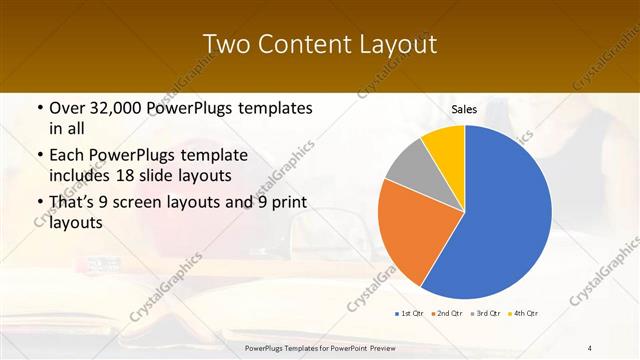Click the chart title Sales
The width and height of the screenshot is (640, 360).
click(x=464, y=109)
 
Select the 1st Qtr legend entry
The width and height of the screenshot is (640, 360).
click(x=409, y=313)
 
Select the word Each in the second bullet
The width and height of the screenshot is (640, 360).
click(x=67, y=156)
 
